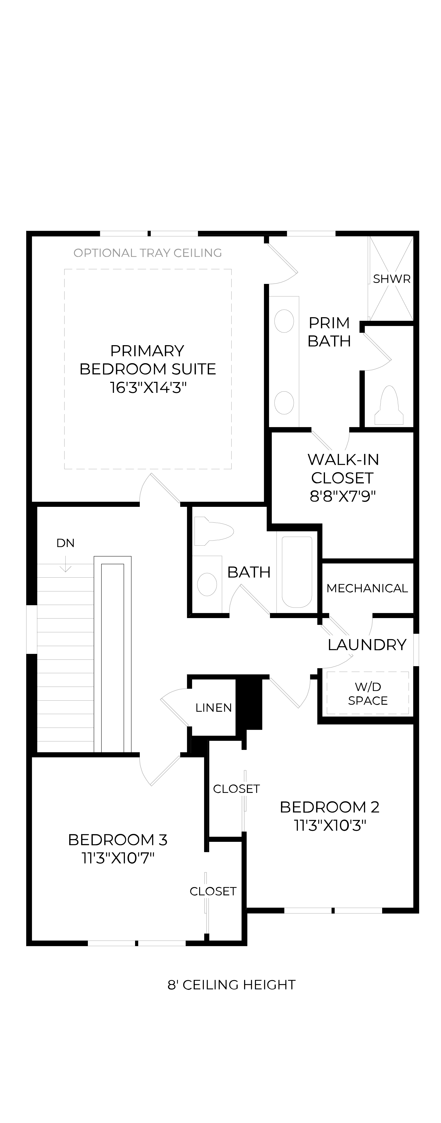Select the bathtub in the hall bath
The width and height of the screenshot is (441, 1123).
[x=297, y=571]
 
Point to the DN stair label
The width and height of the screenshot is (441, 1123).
[x=65, y=543]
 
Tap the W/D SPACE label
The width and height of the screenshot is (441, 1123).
[x=368, y=694]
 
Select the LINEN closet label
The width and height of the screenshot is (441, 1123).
[x=214, y=707]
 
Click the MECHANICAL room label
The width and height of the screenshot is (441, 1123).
[x=367, y=588]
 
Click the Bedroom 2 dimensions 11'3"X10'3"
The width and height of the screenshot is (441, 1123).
[x=329, y=825]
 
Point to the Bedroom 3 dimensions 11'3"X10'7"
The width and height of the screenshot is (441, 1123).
[x=118, y=858]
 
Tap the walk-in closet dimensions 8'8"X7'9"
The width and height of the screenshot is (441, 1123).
[x=343, y=496]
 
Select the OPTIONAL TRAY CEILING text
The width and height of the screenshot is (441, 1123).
[x=148, y=253]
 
